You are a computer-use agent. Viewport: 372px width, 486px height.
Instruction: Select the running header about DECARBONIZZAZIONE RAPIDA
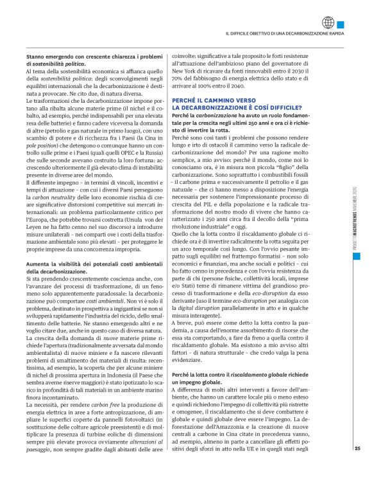[x=283, y=33]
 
